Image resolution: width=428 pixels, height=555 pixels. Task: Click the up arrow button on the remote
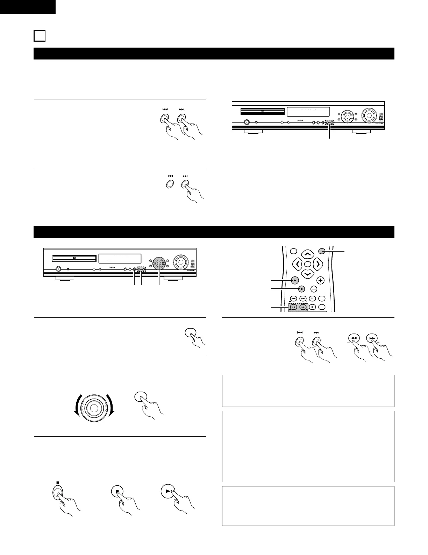coord(307,253)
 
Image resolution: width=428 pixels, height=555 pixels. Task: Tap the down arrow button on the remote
coord(307,274)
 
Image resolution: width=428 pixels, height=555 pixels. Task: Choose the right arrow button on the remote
coord(318,264)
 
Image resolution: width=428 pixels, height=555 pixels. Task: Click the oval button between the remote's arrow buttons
coord(307,264)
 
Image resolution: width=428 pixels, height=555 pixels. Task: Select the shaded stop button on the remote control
coord(301,289)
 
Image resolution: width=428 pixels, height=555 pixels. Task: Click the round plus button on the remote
coord(321,280)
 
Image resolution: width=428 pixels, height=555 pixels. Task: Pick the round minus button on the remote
coord(314,289)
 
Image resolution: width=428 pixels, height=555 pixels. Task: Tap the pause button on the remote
coord(313,298)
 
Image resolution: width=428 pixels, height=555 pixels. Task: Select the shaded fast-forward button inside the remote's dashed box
coord(303,307)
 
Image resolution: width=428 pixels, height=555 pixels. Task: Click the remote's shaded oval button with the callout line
coord(322,251)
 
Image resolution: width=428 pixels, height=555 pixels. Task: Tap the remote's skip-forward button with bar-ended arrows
coord(303,298)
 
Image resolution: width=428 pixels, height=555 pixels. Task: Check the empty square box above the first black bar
coord(40,36)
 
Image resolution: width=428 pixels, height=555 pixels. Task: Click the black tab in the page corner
coord(28,7)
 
